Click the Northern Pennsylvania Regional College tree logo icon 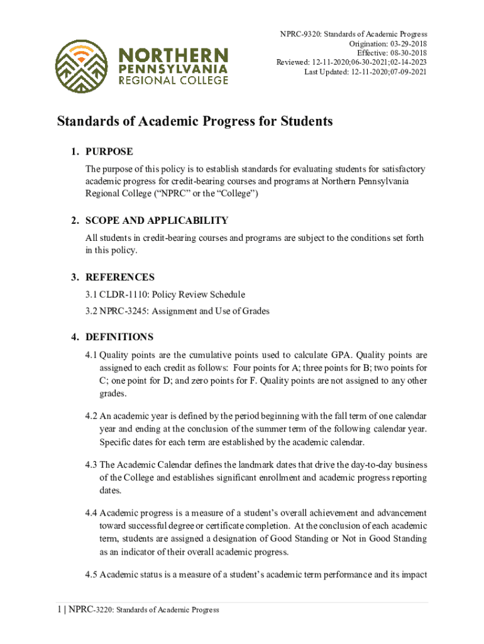[81, 66]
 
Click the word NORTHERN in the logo [170, 53]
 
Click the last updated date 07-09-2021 [407, 72]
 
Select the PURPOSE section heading [109, 152]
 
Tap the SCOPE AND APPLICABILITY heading [157, 220]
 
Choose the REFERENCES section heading [120, 277]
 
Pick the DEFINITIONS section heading [119, 337]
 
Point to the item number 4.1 [92, 355]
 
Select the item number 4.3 [92, 465]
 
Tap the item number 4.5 [92, 574]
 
